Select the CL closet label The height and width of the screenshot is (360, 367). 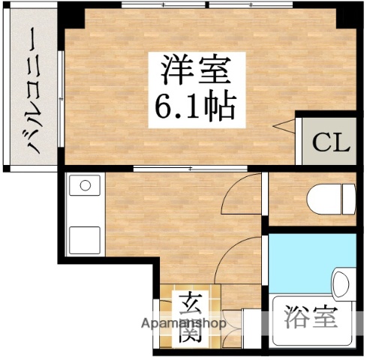pos(331,142)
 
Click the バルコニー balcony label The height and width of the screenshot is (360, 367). pos(35,90)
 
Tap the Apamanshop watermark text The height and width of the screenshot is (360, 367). pos(184,324)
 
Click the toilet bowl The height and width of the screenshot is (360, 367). pos(323,199)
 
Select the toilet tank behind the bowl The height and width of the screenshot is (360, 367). pos(348,199)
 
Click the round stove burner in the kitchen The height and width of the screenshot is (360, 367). pos(85,185)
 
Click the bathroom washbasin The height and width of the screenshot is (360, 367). pos(342,286)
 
